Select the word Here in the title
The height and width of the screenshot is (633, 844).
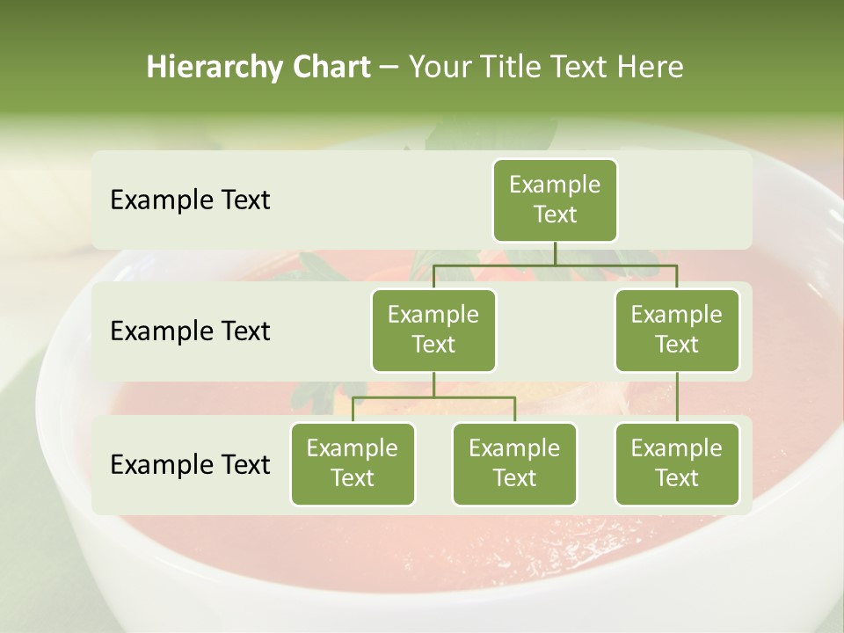(x=650, y=67)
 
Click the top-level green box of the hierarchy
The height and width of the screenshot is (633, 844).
(x=555, y=200)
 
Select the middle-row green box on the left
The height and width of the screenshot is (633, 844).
(x=433, y=330)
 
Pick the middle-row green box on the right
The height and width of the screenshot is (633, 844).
(x=677, y=330)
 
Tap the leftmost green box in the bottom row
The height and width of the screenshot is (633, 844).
(x=353, y=463)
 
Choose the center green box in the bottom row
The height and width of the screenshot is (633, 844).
(x=514, y=463)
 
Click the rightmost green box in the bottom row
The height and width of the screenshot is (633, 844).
(x=677, y=463)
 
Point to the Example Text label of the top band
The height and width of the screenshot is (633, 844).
(x=190, y=200)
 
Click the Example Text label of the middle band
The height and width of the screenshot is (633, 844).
(x=190, y=331)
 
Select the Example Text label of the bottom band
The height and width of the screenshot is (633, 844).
(x=190, y=464)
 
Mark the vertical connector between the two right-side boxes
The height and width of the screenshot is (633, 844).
(x=677, y=397)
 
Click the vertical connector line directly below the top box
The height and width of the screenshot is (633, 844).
(x=555, y=253)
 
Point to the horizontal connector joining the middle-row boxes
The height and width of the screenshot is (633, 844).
(x=555, y=265)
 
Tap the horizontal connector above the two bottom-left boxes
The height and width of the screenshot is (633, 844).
(x=433, y=397)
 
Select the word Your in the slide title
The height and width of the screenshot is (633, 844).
(x=438, y=67)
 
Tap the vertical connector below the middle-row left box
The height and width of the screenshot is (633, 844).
(x=433, y=384)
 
